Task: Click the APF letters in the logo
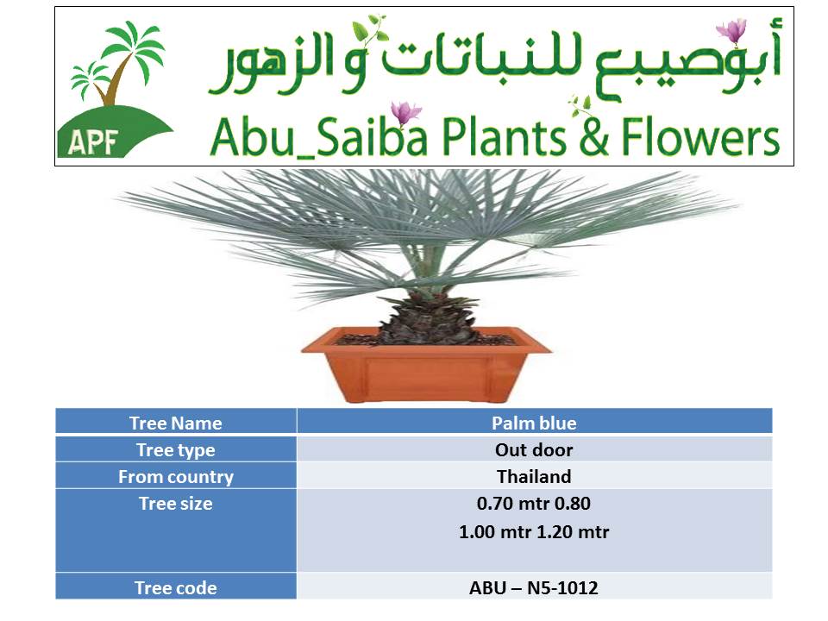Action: (x=93, y=141)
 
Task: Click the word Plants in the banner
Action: (x=503, y=137)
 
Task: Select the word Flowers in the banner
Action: (x=700, y=137)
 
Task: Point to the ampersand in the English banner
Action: (x=593, y=137)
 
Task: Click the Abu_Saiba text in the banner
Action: (x=318, y=137)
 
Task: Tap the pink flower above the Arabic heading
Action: (x=732, y=29)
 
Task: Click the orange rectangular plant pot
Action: (x=425, y=364)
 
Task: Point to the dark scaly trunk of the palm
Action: (x=428, y=319)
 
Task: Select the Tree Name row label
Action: (x=176, y=423)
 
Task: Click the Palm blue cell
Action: (x=534, y=423)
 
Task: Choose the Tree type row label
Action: (x=176, y=450)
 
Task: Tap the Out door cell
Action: (x=534, y=450)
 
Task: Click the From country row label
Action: (x=176, y=477)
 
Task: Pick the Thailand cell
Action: (x=534, y=476)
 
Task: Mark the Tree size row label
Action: (x=176, y=503)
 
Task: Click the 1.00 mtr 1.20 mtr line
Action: (x=534, y=532)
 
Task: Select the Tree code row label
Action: (x=176, y=587)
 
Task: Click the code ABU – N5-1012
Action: (x=534, y=587)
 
